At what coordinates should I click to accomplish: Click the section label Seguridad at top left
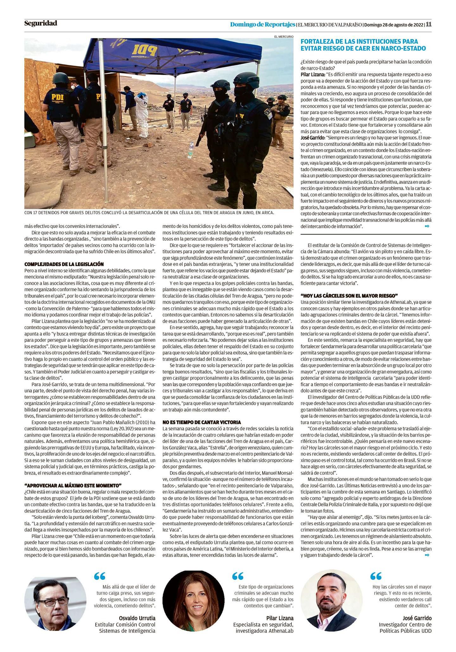41,23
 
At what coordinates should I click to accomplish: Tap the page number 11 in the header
428,24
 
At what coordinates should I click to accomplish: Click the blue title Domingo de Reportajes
263,24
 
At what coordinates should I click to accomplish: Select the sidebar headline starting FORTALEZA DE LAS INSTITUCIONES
363,45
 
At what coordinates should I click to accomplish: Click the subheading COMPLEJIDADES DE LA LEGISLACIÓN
64,264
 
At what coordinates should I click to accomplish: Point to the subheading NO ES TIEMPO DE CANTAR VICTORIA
202,422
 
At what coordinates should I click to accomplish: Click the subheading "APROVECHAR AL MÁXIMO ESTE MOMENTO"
73,485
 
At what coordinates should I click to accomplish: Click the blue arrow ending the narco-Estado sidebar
427,226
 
